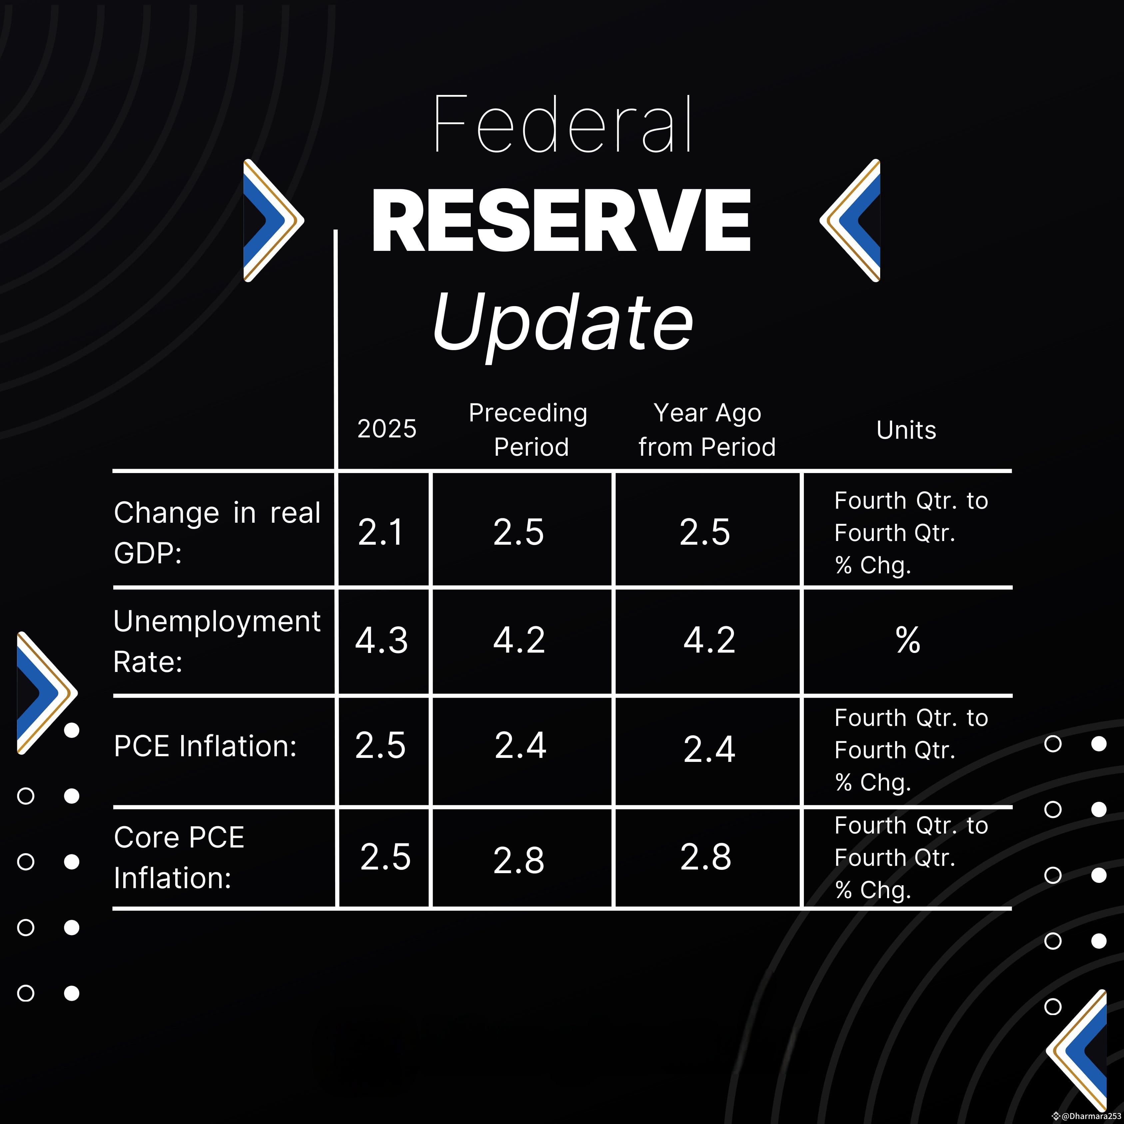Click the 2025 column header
tap(387, 429)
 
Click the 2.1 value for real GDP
tap(380, 532)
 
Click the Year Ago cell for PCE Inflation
tap(709, 749)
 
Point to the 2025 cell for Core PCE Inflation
tap(385, 857)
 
